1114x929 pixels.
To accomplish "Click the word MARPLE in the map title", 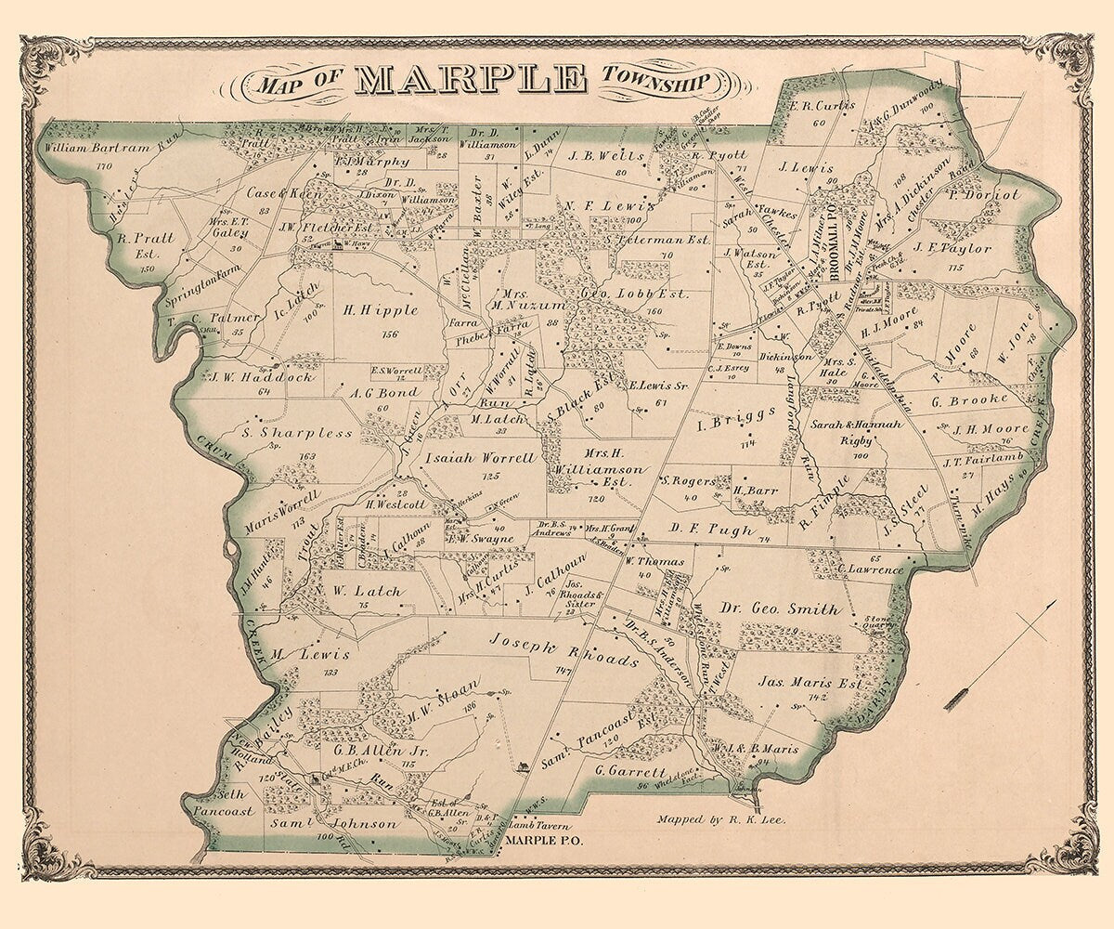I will [x=471, y=81].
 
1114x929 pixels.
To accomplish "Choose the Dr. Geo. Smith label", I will [x=781, y=609].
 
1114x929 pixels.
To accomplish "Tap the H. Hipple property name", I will [x=381, y=310].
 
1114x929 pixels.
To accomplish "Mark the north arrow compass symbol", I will [x=1001, y=655].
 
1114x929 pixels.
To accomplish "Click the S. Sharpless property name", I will [x=297, y=432].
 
